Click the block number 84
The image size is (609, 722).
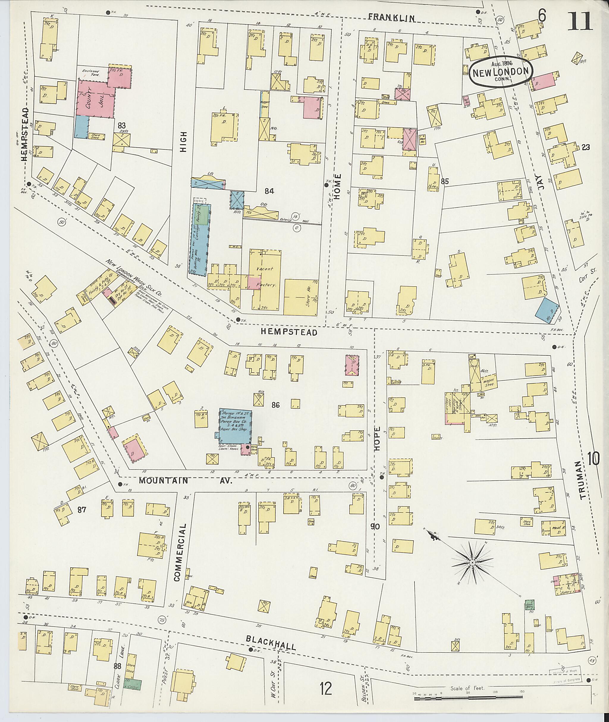(x=269, y=191)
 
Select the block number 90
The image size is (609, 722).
(x=375, y=536)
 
